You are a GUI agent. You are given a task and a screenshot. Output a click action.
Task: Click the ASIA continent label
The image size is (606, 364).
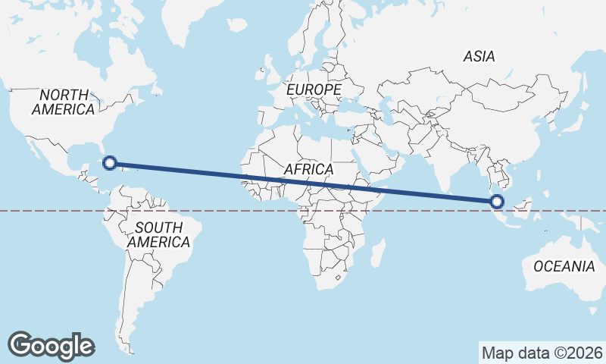(x=479, y=56)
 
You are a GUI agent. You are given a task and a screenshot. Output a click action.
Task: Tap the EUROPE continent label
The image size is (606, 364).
(x=314, y=90)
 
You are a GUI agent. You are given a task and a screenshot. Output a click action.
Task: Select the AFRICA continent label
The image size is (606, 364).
(x=308, y=169)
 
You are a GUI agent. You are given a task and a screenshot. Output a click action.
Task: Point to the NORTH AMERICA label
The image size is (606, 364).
(x=64, y=102)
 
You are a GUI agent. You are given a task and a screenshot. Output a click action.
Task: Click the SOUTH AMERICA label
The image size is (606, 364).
(x=158, y=234)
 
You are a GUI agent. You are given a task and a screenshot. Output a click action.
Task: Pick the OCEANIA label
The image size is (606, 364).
(x=564, y=266)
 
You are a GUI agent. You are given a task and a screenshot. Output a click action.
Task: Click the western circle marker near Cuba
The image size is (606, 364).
(x=110, y=162)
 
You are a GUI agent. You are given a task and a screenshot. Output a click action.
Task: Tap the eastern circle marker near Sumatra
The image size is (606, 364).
(x=497, y=201)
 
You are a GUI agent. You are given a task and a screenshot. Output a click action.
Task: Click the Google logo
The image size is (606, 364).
(x=51, y=345)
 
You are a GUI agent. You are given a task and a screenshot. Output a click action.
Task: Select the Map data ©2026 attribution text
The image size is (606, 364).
(x=542, y=353)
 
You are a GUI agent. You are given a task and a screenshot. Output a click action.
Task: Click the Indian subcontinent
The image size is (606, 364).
(x=451, y=162)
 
